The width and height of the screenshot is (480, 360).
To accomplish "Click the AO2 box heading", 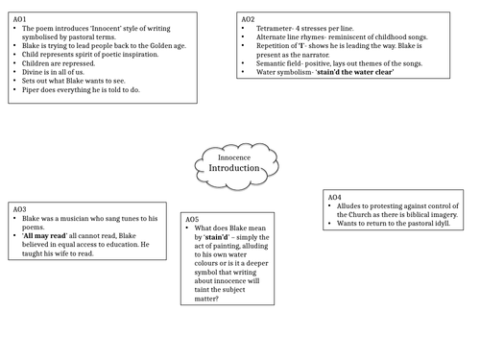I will (248, 18).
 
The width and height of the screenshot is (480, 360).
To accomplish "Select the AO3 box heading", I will (20, 208).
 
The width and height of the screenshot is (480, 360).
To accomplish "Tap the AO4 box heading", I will (337, 196).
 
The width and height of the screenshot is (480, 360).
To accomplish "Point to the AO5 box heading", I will (194, 219).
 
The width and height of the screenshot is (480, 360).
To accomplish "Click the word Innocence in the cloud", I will (235, 155).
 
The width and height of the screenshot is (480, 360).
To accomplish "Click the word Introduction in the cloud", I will (234, 167).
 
